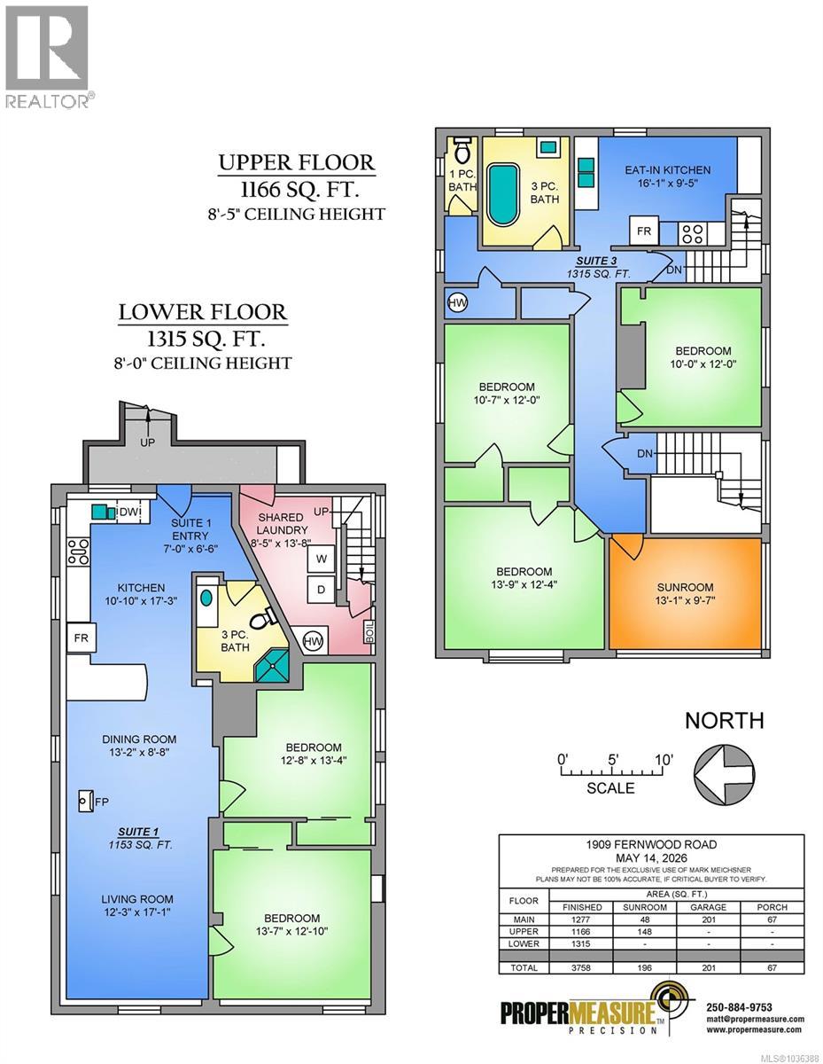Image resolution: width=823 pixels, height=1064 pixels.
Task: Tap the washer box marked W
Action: point(321,559)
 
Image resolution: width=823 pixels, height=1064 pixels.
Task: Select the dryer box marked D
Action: point(321,589)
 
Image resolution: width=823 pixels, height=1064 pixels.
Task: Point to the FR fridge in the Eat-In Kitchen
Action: point(643,231)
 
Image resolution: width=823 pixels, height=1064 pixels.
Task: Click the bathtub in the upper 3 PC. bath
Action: point(502,195)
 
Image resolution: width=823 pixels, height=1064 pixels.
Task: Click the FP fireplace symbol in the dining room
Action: point(86,802)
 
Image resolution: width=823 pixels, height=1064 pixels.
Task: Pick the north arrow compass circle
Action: point(724,774)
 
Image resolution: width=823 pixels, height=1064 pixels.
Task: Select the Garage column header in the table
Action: point(709,907)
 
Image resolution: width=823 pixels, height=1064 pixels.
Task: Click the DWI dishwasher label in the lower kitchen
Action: point(130,512)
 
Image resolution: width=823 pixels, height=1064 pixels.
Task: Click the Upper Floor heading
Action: point(297,162)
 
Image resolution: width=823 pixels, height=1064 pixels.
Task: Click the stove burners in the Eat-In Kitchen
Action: point(693,233)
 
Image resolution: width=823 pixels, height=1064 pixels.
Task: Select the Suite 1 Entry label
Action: point(190,528)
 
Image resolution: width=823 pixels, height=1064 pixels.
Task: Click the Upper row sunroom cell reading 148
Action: point(645,931)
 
